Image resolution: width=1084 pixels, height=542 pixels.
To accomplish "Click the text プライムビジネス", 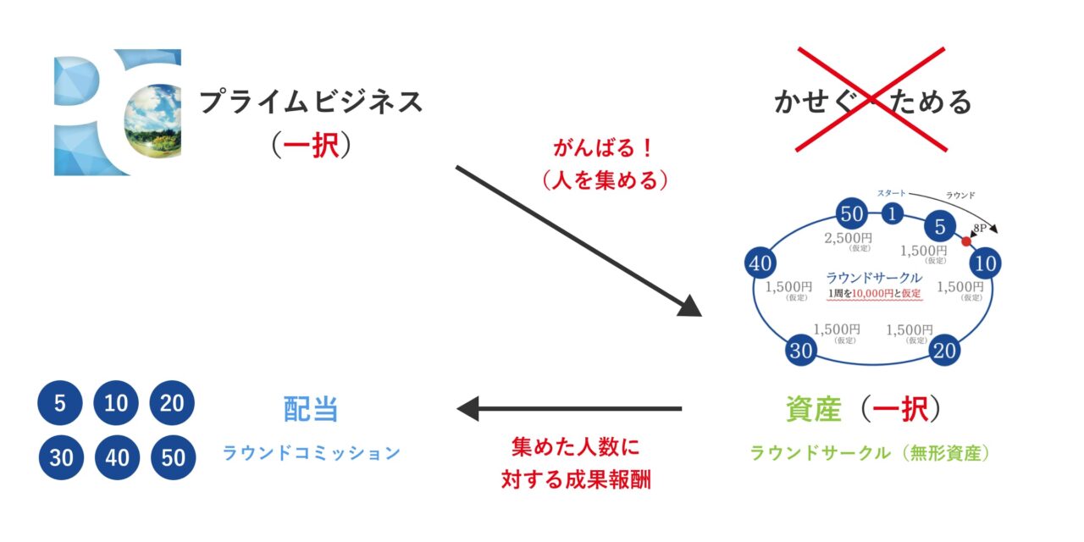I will coord(311,102).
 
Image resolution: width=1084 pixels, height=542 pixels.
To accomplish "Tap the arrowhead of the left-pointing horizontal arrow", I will coord(467,409).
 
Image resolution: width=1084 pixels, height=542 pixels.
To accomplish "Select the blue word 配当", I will coord(311,409).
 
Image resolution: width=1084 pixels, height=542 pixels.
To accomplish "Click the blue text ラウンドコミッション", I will coord(311,453).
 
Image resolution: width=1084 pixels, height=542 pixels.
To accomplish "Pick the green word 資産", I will coord(813,409).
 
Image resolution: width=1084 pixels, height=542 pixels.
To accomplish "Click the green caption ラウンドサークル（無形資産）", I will coord(870,453).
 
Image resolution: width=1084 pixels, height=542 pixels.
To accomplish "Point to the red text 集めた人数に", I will coord(575,446).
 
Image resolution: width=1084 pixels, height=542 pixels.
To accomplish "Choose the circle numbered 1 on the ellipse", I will coord(893,214).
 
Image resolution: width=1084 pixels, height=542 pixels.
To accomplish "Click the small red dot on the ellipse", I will coord(965,241).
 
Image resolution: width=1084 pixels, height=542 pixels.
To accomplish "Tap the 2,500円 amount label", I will coord(848,238).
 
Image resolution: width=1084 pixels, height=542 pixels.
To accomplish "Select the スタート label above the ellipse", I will coord(892,193).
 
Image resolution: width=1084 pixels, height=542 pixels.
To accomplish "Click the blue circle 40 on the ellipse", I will coord(760,263).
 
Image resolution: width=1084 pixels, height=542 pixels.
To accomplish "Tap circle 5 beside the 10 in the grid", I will coord(60,404).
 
